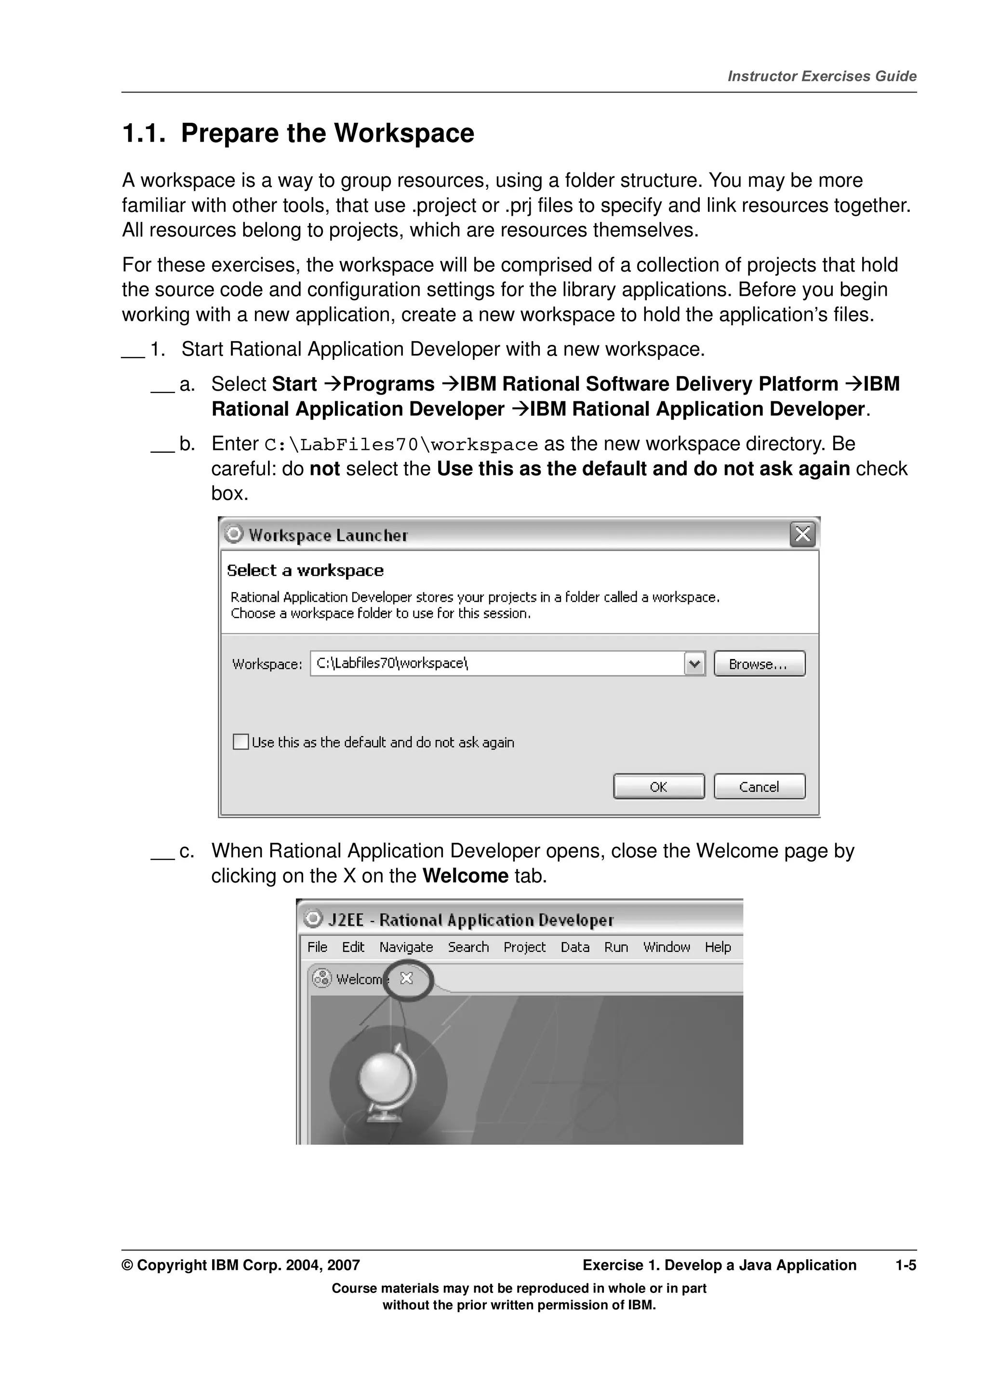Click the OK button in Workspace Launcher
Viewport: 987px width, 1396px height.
click(659, 787)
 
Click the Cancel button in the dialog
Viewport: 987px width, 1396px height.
click(759, 787)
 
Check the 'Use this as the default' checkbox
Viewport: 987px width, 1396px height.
click(241, 742)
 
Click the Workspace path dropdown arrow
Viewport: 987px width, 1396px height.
click(694, 663)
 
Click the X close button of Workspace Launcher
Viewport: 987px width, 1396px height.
click(802, 534)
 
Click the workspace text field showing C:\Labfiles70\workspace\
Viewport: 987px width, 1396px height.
click(495, 663)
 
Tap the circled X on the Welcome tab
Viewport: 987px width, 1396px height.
click(407, 978)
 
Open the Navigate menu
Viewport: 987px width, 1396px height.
click(406, 947)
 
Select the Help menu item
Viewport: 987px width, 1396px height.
click(718, 947)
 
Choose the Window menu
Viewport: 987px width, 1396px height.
click(667, 947)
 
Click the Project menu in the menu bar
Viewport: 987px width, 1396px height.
click(524, 947)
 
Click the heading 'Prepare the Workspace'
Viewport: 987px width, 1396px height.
click(327, 133)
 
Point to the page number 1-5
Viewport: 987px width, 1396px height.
click(905, 1265)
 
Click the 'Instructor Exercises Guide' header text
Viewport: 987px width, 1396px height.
click(822, 76)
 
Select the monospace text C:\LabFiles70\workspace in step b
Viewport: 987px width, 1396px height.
click(401, 445)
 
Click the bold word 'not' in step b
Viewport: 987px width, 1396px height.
click(324, 469)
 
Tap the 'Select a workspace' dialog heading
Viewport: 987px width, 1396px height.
click(305, 570)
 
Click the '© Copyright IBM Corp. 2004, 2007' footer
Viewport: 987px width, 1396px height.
click(241, 1265)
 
